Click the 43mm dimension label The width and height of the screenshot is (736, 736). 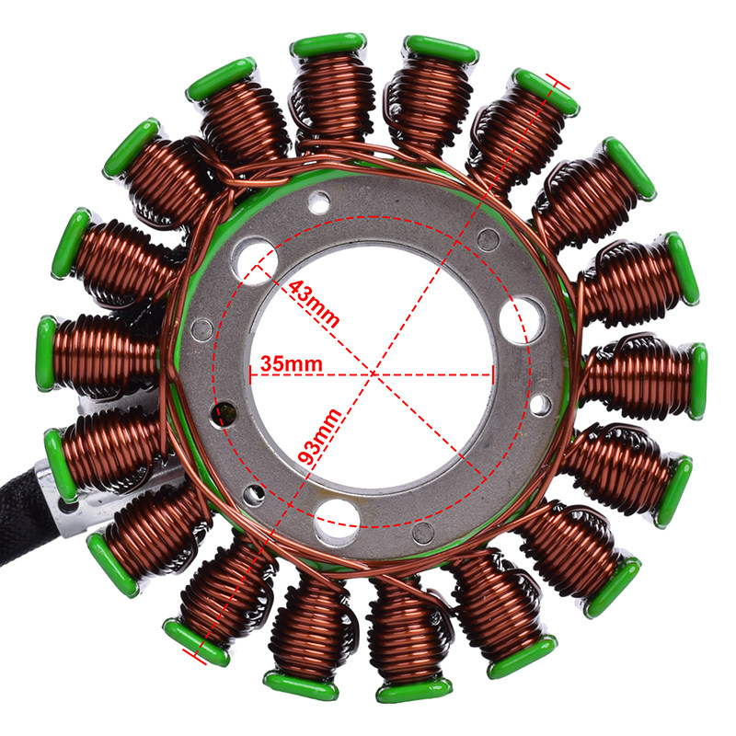313,304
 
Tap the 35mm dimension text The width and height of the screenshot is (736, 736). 292,363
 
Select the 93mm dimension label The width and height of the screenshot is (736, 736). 319,436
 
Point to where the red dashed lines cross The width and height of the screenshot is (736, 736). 374,374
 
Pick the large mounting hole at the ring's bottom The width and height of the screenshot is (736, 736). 337,519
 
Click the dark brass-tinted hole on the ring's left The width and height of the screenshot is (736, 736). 224,413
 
